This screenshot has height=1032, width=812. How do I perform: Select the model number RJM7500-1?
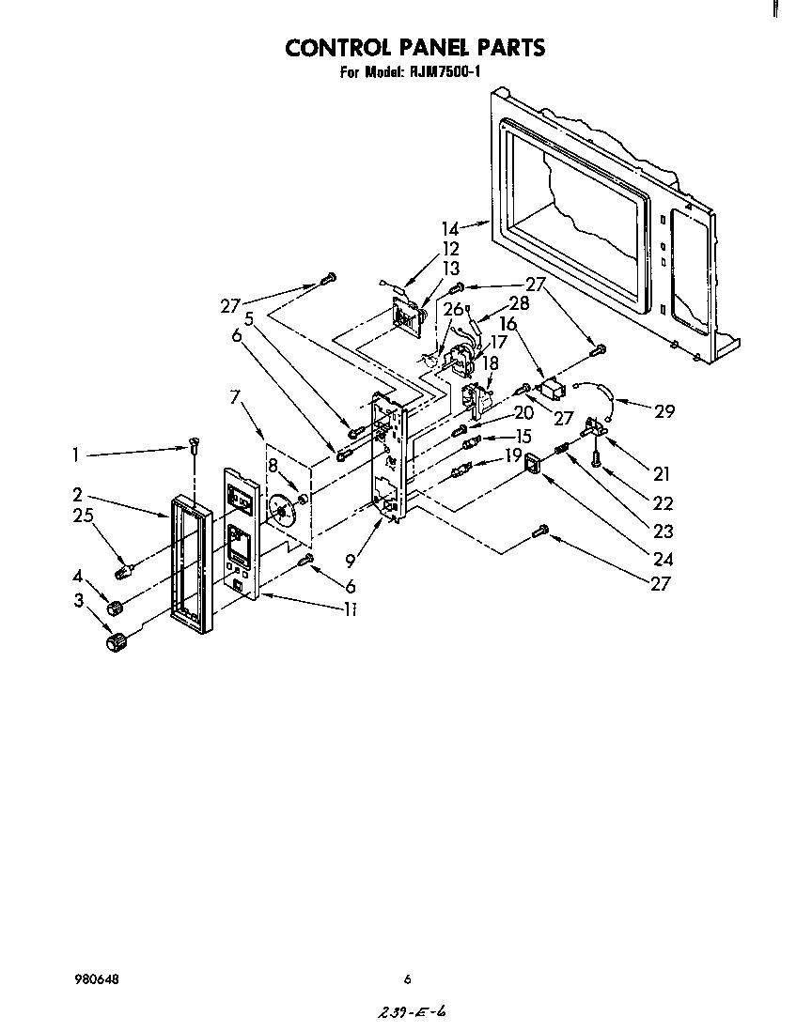click(444, 71)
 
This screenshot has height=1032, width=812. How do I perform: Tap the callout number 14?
click(450, 228)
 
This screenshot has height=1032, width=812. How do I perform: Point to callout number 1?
click(75, 454)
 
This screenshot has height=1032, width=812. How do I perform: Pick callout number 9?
click(350, 562)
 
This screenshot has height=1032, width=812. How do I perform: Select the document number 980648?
click(96, 979)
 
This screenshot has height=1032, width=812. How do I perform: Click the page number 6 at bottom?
click(407, 979)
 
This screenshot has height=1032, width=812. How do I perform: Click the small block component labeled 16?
click(552, 387)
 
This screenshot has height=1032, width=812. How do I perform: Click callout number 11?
click(350, 608)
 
